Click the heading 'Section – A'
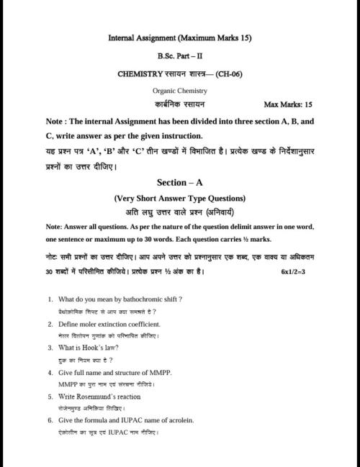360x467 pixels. [x=180, y=183]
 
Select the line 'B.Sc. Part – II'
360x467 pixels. [x=179, y=55]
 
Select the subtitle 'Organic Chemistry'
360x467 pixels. [x=179, y=91]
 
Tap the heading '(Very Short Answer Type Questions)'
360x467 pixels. [x=180, y=198]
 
